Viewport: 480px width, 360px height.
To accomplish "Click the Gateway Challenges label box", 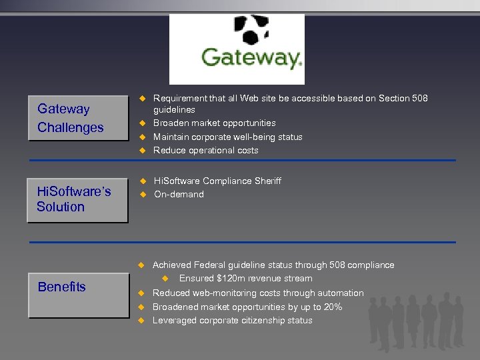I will point(77,118).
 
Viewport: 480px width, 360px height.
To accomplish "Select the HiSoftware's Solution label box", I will point(77,199).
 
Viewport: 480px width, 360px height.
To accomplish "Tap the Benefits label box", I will point(77,287).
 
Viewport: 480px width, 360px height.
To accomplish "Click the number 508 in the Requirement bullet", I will point(420,99).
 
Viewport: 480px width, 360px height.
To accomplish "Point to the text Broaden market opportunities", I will point(214,123).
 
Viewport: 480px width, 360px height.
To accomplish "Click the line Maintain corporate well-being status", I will point(227,137).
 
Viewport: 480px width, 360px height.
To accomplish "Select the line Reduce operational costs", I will point(205,151).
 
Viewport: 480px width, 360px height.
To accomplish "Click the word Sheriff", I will point(266,181).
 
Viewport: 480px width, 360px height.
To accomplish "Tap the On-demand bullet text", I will point(179,195).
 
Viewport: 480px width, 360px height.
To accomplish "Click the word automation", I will point(338,293).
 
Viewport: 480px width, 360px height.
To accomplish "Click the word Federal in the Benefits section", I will point(207,265).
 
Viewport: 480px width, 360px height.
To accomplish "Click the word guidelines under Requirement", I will point(174,110).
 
